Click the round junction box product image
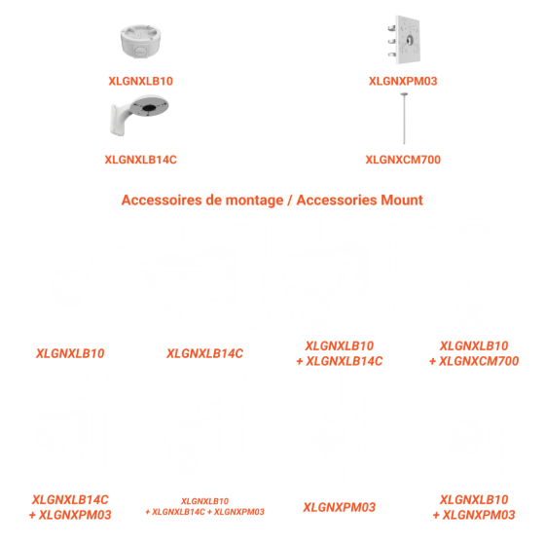click(x=140, y=41)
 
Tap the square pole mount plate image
click(x=404, y=39)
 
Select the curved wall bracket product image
click(x=139, y=115)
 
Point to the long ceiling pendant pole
click(x=404, y=118)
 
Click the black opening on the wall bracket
click(x=149, y=108)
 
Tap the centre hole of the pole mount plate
click(x=410, y=40)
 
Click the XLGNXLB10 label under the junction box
click(x=141, y=81)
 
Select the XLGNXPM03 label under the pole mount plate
click(x=403, y=81)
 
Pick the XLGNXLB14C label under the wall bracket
click(x=141, y=160)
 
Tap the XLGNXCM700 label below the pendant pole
click(x=403, y=160)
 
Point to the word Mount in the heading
click(x=402, y=200)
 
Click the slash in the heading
click(x=290, y=200)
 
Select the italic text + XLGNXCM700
click(x=474, y=361)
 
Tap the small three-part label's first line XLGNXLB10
click(x=205, y=501)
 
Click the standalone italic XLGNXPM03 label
click(x=340, y=507)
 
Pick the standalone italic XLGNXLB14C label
click(x=205, y=353)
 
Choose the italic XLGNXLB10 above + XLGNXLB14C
click(x=340, y=345)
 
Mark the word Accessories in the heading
click(x=337, y=200)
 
